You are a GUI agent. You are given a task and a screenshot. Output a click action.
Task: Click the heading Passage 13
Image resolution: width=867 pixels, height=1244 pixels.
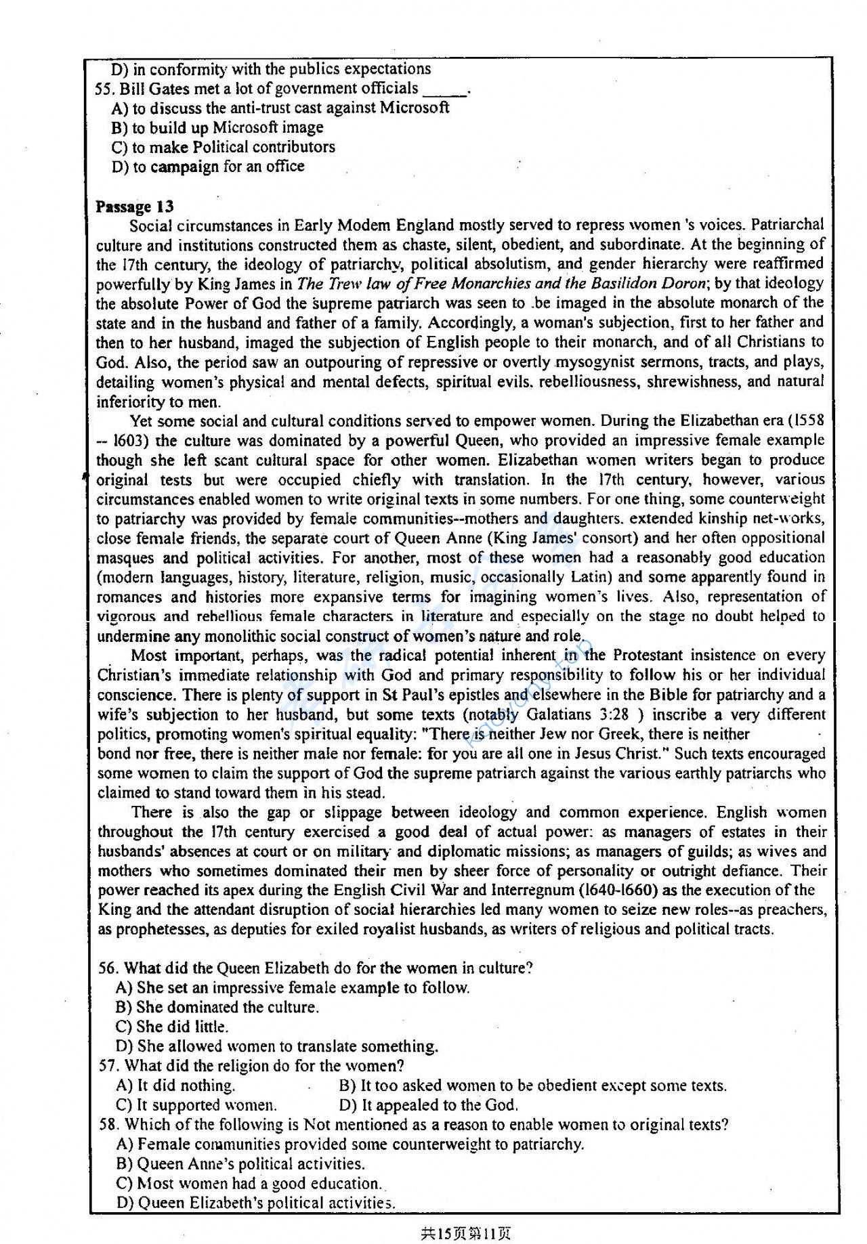(x=134, y=207)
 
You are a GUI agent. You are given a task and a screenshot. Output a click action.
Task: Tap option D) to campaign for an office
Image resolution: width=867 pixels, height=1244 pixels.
(x=208, y=167)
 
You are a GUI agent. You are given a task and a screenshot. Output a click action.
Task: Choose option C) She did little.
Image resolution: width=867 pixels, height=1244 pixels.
(x=172, y=1027)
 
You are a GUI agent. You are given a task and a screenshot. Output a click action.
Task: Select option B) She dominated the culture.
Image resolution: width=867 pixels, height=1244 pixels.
(x=217, y=1007)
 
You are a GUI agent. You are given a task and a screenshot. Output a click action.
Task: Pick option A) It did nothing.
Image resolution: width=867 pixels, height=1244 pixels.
(x=176, y=1086)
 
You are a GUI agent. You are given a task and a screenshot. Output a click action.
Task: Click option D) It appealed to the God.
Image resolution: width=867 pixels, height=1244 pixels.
(x=429, y=1105)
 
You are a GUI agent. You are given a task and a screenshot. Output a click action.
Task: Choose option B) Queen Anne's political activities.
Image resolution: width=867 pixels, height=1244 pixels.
(x=240, y=1164)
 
